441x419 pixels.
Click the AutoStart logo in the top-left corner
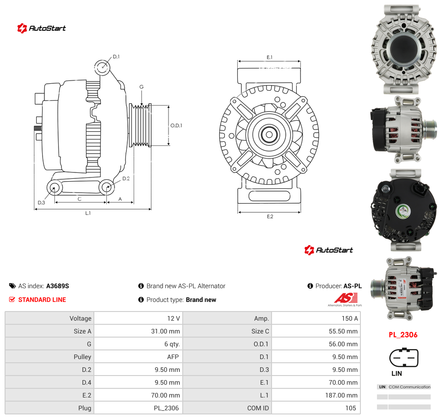[41, 28]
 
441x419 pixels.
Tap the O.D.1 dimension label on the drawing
[176, 125]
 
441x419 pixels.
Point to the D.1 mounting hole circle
[102, 67]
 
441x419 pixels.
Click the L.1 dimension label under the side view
[88, 213]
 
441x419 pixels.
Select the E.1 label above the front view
[269, 57]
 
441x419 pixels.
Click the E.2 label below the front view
[270, 216]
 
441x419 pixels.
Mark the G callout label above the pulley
[142, 87]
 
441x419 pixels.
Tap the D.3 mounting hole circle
[54, 188]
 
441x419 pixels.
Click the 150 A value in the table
[349, 318]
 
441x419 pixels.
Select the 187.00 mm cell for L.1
[341, 395]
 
